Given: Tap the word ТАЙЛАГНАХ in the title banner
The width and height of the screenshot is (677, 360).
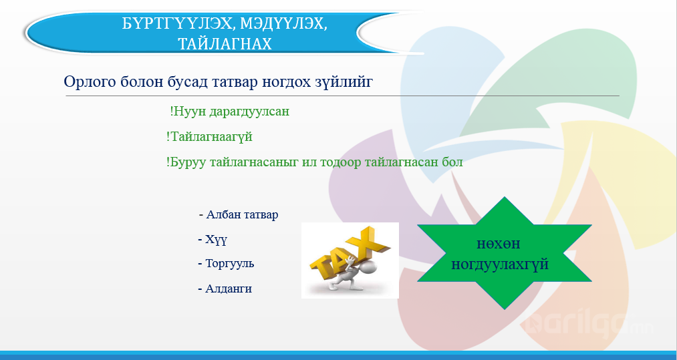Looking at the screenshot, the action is [225, 43].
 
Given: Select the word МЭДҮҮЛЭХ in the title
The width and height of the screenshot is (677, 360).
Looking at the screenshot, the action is [283, 24].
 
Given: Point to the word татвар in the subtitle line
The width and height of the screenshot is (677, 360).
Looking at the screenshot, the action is [235, 81].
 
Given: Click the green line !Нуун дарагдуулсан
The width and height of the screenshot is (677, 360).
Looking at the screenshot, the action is [229, 112].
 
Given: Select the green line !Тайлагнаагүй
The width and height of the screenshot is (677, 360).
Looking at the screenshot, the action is [209, 137].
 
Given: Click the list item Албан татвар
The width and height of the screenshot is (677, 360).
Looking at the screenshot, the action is [239, 214].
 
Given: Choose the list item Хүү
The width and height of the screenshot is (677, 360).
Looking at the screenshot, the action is [213, 240].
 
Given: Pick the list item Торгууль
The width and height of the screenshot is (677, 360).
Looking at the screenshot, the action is [227, 263].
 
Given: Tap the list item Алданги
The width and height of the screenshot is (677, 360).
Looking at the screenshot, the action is [225, 289].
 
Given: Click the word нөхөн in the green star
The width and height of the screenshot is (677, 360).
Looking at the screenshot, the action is [499, 244].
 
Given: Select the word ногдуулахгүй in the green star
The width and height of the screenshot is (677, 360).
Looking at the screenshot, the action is [500, 264].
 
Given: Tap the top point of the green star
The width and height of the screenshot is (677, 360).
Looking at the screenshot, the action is [505, 197].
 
